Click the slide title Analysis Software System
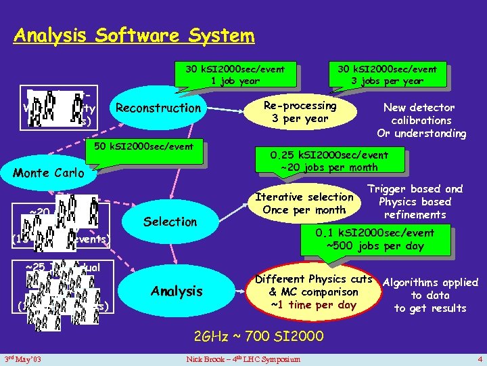[134, 35]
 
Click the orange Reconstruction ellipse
[158, 108]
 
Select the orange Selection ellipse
[170, 222]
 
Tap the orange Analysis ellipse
[177, 291]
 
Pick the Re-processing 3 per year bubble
[300, 112]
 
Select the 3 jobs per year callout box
[388, 74]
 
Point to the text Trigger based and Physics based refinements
[415, 202]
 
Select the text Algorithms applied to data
[430, 295]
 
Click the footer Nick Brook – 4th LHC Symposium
[243, 358]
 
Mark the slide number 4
[478, 358]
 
